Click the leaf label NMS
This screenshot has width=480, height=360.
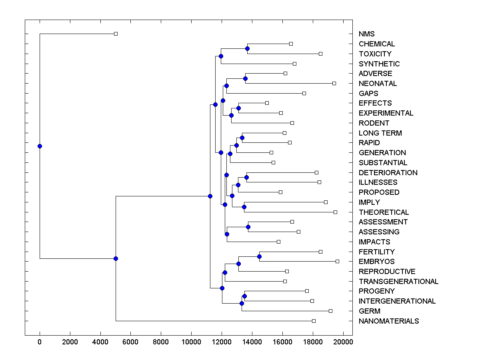pyautogui.click(x=366, y=34)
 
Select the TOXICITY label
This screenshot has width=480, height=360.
pyautogui.click(x=375, y=54)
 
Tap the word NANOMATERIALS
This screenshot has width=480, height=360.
pyautogui.click(x=388, y=321)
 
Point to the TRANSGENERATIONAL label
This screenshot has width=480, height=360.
pyautogui.click(x=398, y=282)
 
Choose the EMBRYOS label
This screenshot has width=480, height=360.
pyautogui.click(x=376, y=262)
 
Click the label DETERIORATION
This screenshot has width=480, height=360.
pyautogui.click(x=388, y=173)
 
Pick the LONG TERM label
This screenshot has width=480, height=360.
pyautogui.click(x=380, y=133)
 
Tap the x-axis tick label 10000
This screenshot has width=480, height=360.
pyautogui.click(x=191, y=342)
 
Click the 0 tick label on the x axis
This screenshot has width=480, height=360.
pyautogui.click(x=40, y=342)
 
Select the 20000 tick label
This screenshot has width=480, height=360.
pyautogui.click(x=343, y=342)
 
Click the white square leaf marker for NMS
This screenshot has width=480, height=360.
pyautogui.click(x=116, y=34)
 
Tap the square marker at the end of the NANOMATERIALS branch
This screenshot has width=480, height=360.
pyautogui.click(x=314, y=321)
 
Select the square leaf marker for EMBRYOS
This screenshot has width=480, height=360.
pyautogui.click(x=337, y=261)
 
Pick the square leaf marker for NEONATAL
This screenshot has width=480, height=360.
pyautogui.click(x=334, y=83)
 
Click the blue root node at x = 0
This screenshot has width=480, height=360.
pyautogui.click(x=40, y=146)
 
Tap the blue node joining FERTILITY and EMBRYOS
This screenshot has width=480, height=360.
pyautogui.click(x=259, y=256)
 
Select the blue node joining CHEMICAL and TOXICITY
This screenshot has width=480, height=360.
pyautogui.click(x=247, y=48)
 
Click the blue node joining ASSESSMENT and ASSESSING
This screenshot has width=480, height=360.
pyautogui.click(x=248, y=227)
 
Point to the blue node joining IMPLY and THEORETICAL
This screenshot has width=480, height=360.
pyautogui.click(x=244, y=207)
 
